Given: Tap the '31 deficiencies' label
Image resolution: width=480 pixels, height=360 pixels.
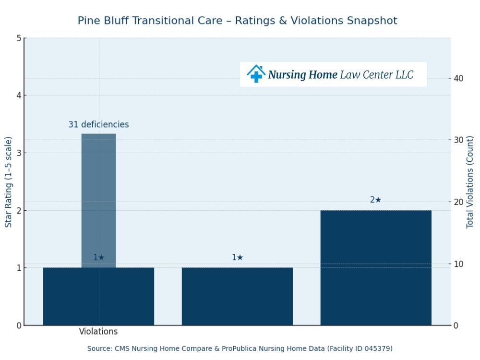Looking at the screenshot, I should tap(98, 125).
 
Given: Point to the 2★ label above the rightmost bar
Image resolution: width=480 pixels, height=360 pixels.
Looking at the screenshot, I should tap(376, 200).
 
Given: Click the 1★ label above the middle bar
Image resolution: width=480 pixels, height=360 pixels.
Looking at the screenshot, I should tap(238, 258).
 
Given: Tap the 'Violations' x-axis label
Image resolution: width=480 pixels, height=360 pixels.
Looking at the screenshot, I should tap(98, 332).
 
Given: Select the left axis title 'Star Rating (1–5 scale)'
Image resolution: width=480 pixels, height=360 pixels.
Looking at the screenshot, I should tap(9, 182).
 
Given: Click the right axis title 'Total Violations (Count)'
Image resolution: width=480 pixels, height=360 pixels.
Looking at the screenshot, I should tap(470, 182).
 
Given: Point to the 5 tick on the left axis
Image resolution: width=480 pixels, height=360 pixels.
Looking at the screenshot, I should tap(19, 38).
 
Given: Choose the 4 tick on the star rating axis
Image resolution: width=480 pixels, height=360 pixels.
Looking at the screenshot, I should tap(19, 96).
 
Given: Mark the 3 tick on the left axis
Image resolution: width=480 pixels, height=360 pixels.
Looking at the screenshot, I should tap(19, 153).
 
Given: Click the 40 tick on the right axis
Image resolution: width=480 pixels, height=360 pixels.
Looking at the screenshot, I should tap(458, 78).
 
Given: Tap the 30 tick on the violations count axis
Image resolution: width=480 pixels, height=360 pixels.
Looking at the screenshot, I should tap(458, 140).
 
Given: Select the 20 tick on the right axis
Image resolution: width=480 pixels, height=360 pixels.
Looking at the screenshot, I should tap(458, 202).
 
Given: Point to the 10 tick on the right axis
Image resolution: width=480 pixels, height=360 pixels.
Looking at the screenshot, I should tap(458, 264).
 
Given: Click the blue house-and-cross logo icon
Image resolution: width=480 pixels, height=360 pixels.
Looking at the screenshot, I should tap(256, 74).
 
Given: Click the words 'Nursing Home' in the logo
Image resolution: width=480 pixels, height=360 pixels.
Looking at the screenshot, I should tap(302, 75).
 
